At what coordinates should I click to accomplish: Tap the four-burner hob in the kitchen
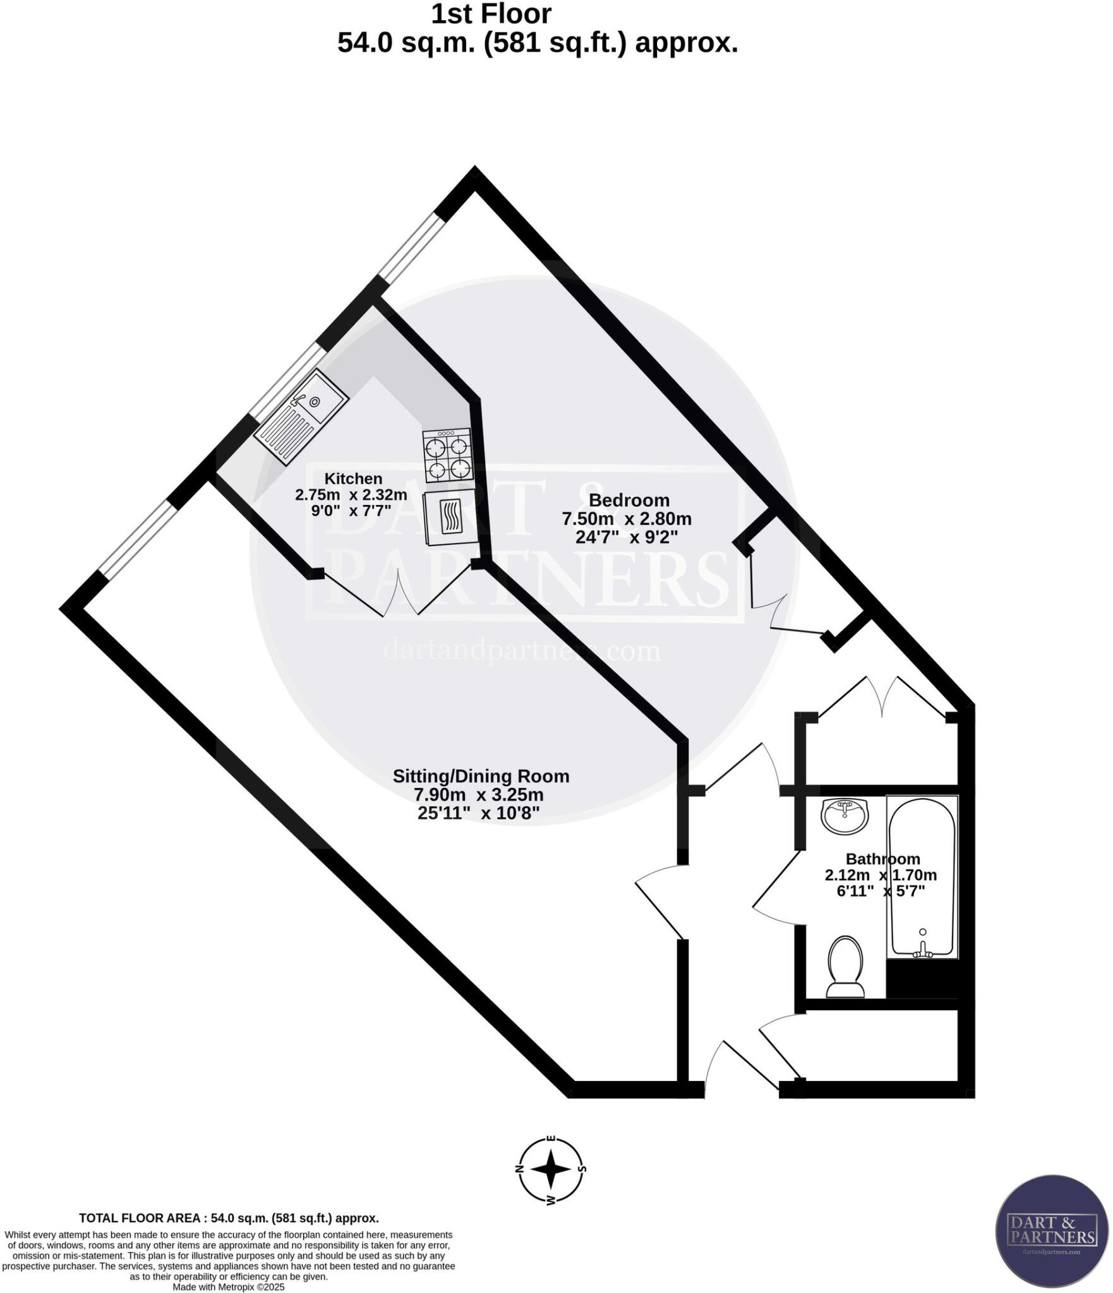[447, 454]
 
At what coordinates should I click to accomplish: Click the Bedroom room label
[629, 500]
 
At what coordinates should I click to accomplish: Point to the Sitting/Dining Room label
[481, 776]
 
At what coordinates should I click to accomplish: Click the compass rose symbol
[551, 1169]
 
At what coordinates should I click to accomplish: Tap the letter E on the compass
[551, 1139]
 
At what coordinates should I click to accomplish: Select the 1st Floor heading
[491, 14]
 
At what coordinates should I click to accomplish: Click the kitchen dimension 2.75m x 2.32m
[351, 494]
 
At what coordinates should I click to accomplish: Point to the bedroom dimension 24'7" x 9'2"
[626, 537]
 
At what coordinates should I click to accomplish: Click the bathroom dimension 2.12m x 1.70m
[881, 875]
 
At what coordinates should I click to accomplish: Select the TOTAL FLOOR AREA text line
[229, 1218]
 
